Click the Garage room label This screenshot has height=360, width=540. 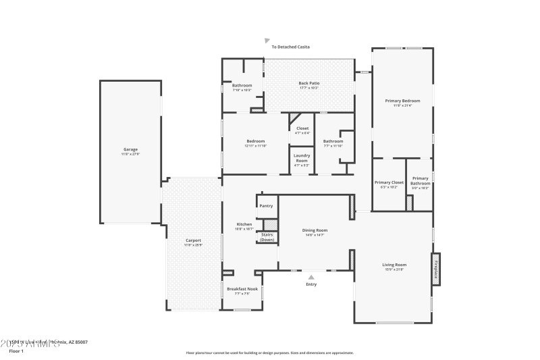(x=130, y=150)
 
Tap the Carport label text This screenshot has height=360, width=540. (x=193, y=240)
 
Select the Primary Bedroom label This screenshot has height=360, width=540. (x=402, y=101)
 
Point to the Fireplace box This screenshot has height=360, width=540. (x=436, y=269)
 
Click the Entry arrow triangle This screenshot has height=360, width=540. (x=311, y=276)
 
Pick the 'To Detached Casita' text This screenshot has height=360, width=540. (x=291, y=47)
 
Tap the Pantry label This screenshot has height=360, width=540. (x=266, y=205)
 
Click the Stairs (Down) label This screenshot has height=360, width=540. (x=267, y=237)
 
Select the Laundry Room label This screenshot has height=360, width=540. (x=302, y=158)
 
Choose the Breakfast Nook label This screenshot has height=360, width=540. (x=242, y=288)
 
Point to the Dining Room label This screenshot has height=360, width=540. (x=315, y=230)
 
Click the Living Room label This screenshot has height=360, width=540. (x=394, y=265)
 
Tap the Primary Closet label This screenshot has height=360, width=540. (x=389, y=182)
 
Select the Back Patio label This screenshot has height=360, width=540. (x=309, y=83)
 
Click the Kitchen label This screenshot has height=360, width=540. (x=244, y=224)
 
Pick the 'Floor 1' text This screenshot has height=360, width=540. (x=16, y=351)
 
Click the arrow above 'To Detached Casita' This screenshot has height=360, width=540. (x=267, y=41)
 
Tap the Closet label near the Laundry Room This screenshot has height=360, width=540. (x=302, y=128)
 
